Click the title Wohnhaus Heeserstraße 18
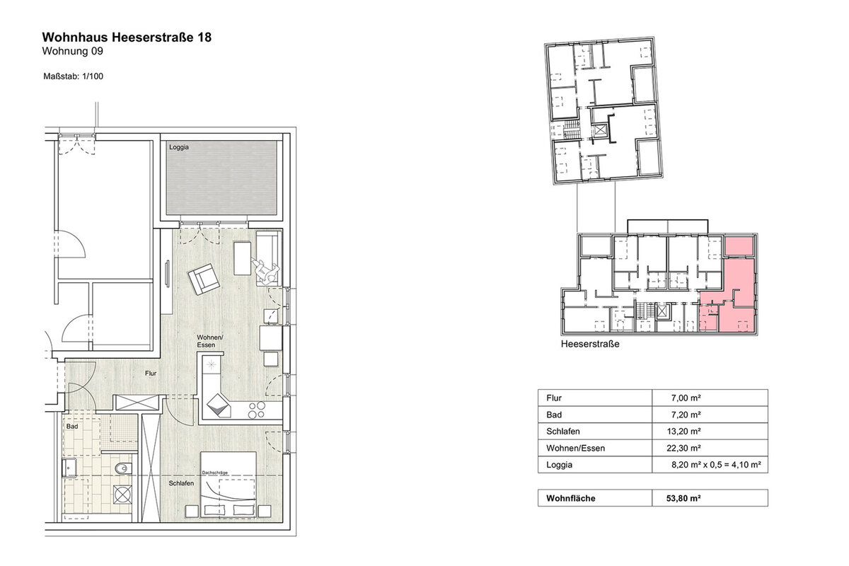tap(127, 37)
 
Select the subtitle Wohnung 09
tap(72, 51)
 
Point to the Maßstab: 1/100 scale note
tap(73, 76)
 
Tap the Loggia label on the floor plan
tap(179, 147)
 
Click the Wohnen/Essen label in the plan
tap(210, 341)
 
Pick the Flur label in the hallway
tap(151, 374)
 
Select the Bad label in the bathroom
tap(72, 427)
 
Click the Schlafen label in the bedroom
tap(181, 483)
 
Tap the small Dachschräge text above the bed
tap(215, 473)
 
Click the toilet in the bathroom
tap(123, 469)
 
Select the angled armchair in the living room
tap(204, 279)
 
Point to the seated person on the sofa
tap(266, 270)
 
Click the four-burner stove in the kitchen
tap(257, 410)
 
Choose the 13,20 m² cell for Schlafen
tap(683, 432)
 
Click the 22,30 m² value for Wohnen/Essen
tap(683, 448)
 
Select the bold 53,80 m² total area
tap(683, 498)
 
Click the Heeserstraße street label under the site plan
tap(590, 345)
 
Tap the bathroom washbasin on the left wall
tap(69, 468)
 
